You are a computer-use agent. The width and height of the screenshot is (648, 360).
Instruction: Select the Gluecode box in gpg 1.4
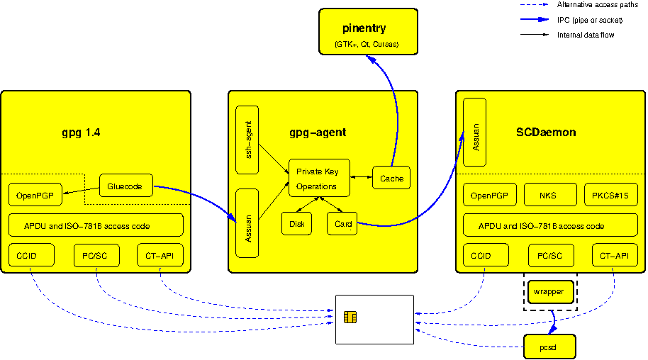[125, 187]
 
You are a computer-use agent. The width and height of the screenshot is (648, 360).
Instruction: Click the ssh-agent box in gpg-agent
[247, 140]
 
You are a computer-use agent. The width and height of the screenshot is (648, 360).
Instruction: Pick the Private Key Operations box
[319, 179]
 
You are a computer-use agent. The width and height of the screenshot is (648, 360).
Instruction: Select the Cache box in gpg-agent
[391, 179]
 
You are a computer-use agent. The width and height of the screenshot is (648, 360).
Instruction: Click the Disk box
[296, 223]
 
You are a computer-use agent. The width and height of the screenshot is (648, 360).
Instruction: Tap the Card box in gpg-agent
[342, 223]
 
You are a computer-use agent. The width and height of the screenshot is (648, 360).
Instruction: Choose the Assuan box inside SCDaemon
[474, 133]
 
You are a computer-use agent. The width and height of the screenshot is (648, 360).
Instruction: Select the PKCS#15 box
[611, 195]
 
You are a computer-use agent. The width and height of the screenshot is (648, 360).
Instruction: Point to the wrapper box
[550, 291]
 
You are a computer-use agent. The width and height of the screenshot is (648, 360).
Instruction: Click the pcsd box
[549, 347]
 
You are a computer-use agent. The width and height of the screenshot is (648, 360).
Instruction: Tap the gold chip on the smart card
[350, 317]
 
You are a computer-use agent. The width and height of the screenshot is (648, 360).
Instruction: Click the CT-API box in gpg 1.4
[160, 255]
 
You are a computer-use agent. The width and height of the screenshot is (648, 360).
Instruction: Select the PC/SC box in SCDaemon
[550, 255]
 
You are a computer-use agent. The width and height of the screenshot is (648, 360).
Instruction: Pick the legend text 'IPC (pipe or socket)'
[589, 19]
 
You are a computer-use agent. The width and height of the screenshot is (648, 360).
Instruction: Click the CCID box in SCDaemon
[486, 255]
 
